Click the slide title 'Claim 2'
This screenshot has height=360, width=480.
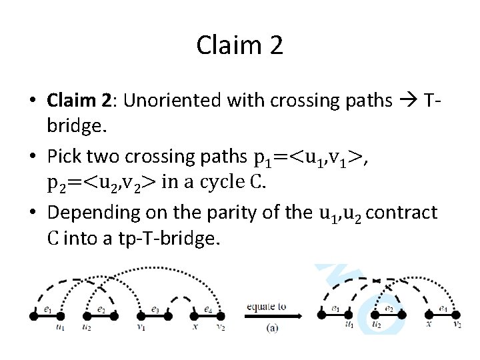(240, 45)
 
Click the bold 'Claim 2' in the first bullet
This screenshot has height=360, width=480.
(77, 101)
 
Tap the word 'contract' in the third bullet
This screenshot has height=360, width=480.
(402, 213)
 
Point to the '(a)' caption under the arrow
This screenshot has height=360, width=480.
(272, 327)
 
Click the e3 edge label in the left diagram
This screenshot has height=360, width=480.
(155, 309)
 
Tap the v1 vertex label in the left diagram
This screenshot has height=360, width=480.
(141, 327)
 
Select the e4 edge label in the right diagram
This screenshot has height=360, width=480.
(443, 309)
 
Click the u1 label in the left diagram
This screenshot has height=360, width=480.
(60, 327)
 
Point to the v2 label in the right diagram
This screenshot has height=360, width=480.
(457, 325)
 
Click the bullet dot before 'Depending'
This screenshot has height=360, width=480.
(33, 213)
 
